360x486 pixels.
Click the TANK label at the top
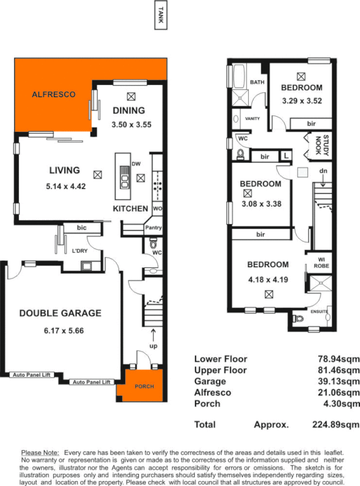160,15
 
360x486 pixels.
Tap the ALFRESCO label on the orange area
53,95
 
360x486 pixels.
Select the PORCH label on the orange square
144,386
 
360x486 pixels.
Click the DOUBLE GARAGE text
60,313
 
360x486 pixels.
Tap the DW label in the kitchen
136,164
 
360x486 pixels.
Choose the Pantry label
152,228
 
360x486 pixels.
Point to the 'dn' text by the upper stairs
324,171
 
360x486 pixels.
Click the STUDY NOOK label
323,145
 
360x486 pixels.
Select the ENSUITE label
319,312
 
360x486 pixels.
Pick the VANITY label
251,119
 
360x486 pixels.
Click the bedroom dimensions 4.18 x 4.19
268,281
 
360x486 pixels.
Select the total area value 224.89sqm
336,424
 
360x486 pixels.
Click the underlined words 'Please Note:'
41,453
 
